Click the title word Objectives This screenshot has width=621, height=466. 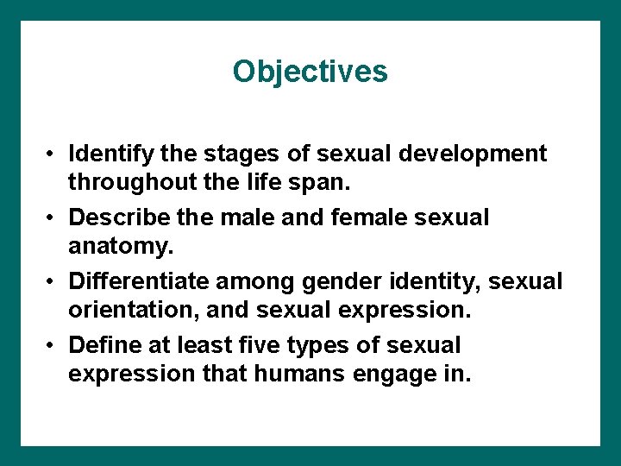point(310,71)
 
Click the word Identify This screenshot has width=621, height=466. point(110,154)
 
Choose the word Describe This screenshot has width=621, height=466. point(116,217)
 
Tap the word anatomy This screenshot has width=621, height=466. point(121,247)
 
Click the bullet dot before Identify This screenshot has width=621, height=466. point(53,155)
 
